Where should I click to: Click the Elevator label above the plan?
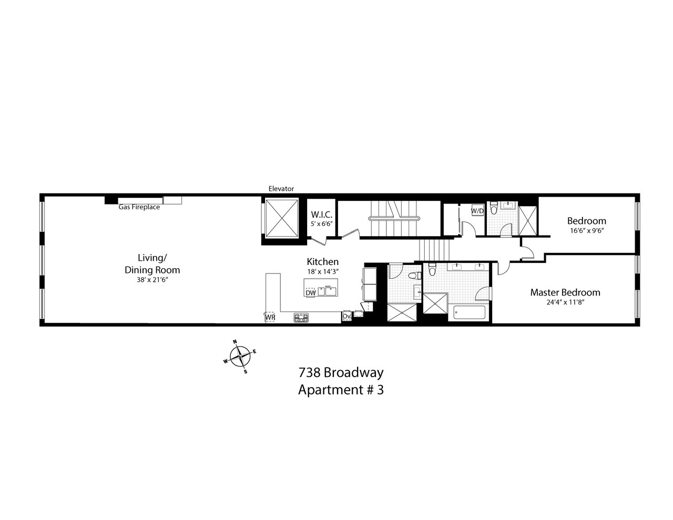click(281, 189)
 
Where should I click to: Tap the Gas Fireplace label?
click(139, 207)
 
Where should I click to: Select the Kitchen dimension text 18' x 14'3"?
click(322, 272)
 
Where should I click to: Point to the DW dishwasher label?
click(311, 293)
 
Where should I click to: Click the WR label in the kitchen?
click(270, 317)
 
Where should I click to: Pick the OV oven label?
click(346, 316)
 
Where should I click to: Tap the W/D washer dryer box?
click(477, 211)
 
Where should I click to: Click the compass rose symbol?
click(240, 356)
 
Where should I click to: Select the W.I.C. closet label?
click(321, 215)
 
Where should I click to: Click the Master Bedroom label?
click(565, 292)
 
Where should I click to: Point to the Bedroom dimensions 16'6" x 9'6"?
click(587, 230)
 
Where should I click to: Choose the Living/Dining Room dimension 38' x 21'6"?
click(152, 280)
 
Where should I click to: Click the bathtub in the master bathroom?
click(470, 312)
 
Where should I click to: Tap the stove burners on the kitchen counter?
click(301, 318)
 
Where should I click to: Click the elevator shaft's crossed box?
click(281, 218)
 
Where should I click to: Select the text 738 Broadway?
click(341, 373)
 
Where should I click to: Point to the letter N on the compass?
click(234, 342)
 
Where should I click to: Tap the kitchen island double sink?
click(327, 291)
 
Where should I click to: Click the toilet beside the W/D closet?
click(494, 208)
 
